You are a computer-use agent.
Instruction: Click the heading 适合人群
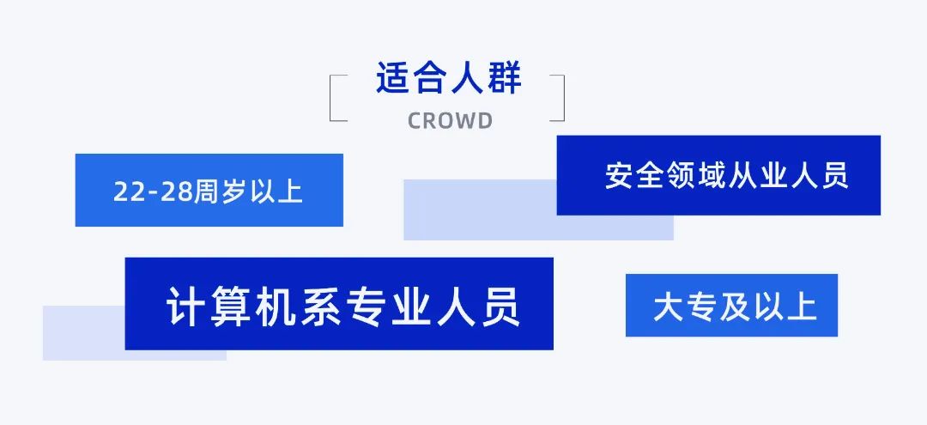click(x=448, y=79)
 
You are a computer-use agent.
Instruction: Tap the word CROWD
click(x=450, y=121)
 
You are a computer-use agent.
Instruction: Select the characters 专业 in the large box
click(x=392, y=307)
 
